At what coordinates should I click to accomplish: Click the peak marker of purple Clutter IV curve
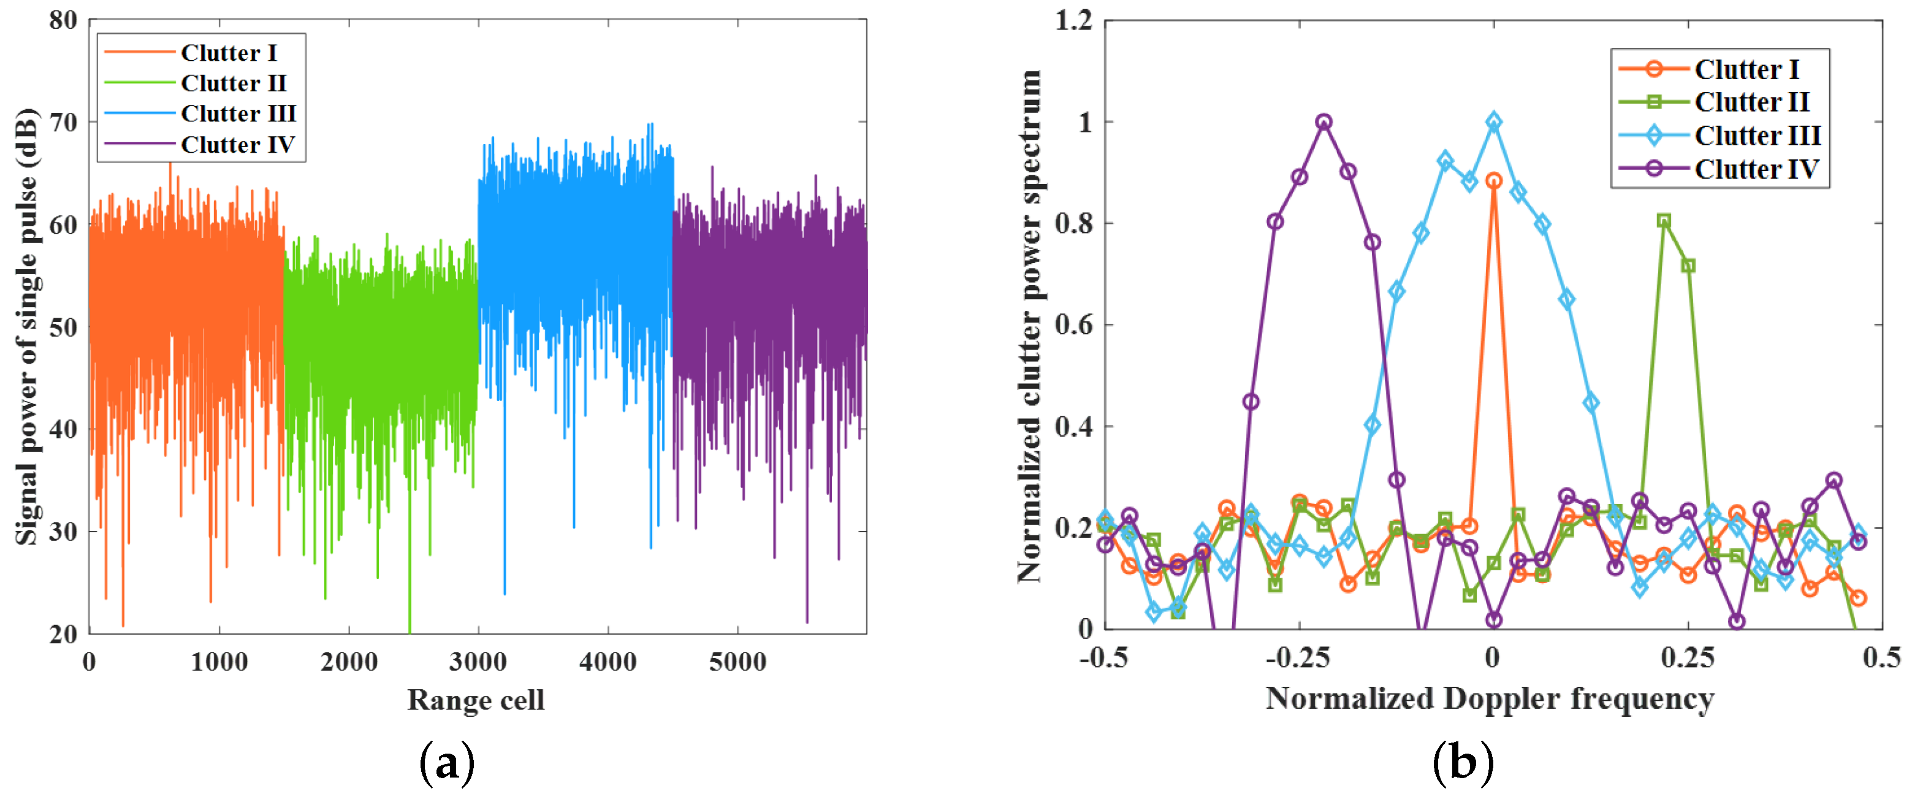[1324, 122]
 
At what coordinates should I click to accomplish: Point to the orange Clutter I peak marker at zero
[1493, 180]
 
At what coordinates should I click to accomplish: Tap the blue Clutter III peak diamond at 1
[1493, 122]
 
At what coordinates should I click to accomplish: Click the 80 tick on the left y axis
[63, 20]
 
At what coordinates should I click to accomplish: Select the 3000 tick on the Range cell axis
[478, 661]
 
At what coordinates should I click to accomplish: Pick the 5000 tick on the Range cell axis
[737, 661]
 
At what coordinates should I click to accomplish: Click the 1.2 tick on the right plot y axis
[1073, 20]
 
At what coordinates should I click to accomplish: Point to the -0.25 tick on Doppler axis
[1297, 657]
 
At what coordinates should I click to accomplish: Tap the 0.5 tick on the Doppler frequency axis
[1881, 657]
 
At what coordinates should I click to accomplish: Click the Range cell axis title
[476, 700]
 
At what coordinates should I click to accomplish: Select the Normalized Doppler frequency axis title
[1490, 699]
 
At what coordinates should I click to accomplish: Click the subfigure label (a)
[447, 763]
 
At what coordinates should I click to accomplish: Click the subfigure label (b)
[1462, 763]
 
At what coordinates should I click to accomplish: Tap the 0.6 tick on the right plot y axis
[1073, 324]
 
